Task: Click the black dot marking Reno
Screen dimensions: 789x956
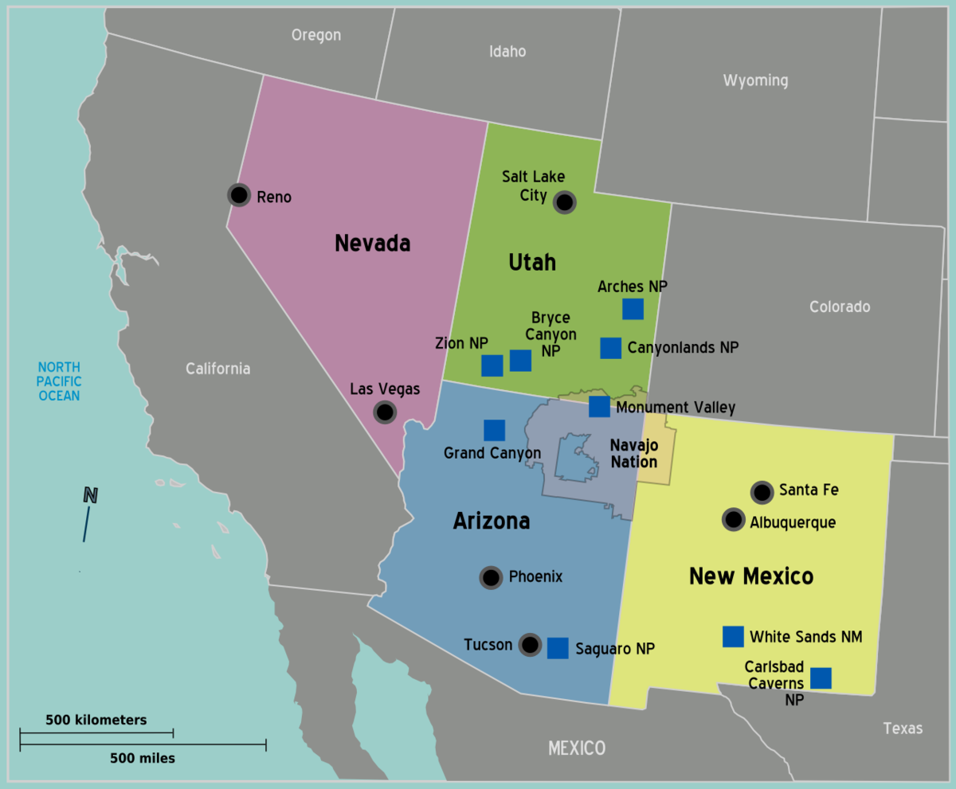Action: [x=238, y=195]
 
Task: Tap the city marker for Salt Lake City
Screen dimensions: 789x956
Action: [x=565, y=202]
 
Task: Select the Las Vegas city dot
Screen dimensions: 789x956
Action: [x=385, y=412]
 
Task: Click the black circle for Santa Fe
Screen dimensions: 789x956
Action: [x=762, y=492]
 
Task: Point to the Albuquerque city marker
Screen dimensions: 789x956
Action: [x=733, y=520]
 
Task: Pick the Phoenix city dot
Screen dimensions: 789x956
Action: [x=491, y=578]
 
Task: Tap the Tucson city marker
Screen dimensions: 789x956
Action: [x=530, y=645]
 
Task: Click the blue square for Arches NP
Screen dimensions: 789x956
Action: [x=633, y=309]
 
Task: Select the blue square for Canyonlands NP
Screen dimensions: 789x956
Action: [x=611, y=348]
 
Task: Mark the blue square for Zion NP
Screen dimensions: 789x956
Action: [x=492, y=365]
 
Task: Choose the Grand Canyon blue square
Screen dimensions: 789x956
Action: [x=495, y=430]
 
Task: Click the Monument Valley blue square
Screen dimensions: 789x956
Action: [x=599, y=407]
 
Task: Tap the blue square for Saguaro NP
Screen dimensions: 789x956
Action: [x=558, y=648]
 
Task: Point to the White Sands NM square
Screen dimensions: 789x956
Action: [x=733, y=636]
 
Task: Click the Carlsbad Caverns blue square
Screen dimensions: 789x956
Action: [x=821, y=678]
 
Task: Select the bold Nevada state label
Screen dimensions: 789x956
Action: [x=372, y=243]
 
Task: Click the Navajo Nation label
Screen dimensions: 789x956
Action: [x=634, y=454]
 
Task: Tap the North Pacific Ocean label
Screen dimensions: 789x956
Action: [x=60, y=381]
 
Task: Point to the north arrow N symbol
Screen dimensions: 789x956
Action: [x=91, y=496]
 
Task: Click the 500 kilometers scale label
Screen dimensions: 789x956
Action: [x=96, y=720]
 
